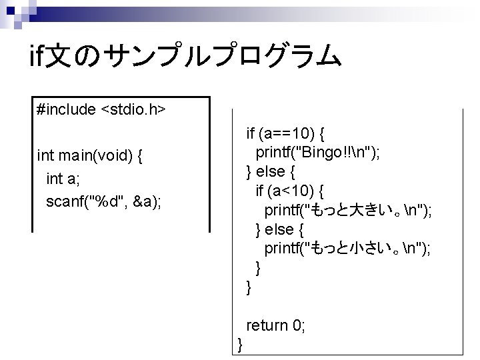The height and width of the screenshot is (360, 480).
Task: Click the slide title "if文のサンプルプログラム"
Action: point(187,58)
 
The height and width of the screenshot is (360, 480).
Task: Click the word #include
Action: point(67,109)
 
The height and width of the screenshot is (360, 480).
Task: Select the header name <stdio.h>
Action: point(133,109)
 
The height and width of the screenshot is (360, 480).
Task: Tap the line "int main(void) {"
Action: point(92,156)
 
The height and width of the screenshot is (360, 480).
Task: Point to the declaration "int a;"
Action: point(63,179)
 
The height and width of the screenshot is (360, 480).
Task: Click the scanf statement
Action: point(103,201)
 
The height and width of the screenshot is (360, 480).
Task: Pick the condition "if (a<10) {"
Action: point(290,191)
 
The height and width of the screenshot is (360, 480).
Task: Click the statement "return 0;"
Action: point(276,325)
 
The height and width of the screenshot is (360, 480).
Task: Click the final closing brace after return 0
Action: point(241,344)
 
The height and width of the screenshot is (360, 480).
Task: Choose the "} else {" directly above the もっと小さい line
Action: point(280,229)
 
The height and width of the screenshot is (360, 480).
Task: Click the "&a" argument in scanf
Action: point(146,201)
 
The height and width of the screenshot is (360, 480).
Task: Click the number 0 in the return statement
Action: point(297,325)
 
